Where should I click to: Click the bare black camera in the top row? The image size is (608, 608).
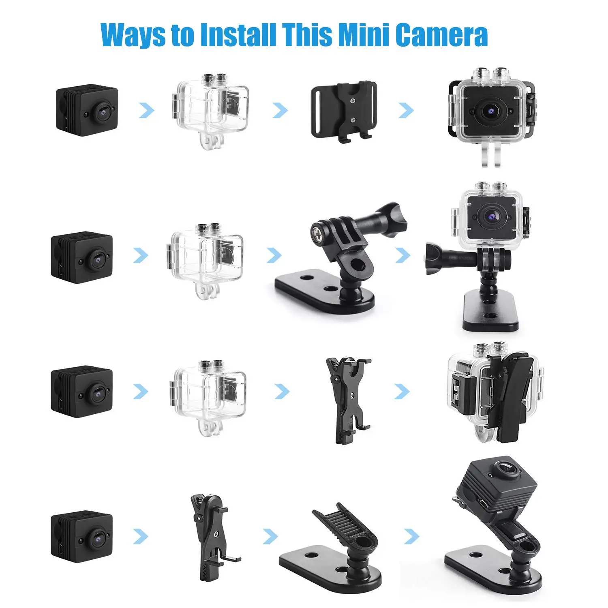[87, 110]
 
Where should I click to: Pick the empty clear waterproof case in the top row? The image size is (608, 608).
[211, 109]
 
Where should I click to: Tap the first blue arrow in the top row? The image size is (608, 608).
[146, 110]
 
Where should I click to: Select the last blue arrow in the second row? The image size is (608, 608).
[402, 255]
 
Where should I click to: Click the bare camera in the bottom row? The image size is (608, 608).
[81, 535]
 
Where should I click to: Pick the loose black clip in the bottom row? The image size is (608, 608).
[211, 535]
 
